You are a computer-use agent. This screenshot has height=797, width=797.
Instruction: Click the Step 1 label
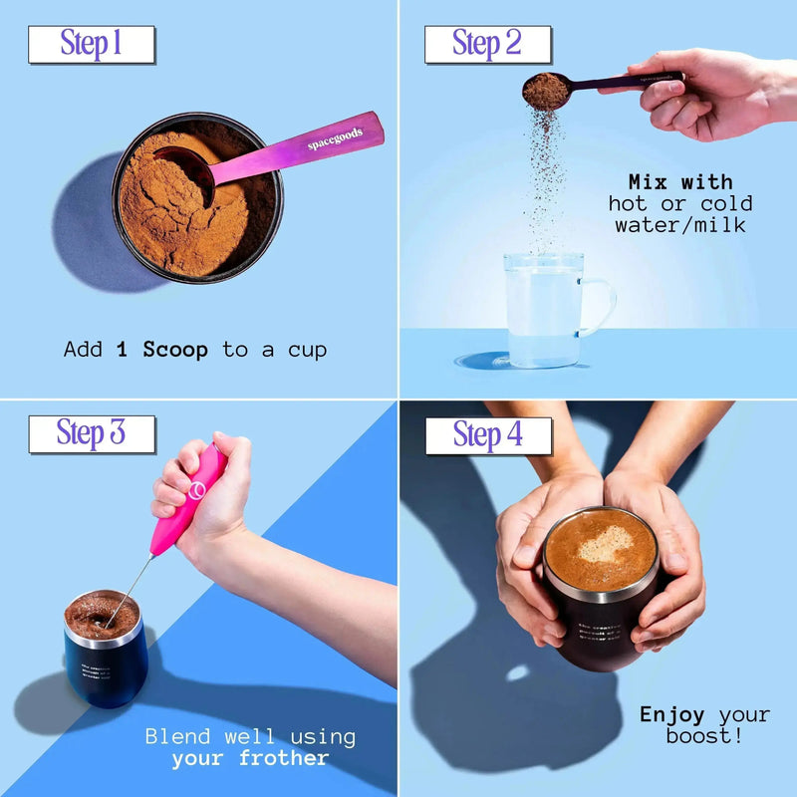[x=92, y=44]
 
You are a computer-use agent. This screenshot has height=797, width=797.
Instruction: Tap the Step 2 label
[x=487, y=44]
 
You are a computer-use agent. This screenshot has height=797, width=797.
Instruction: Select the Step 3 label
[x=92, y=433]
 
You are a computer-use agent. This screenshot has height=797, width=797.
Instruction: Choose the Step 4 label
[x=488, y=435]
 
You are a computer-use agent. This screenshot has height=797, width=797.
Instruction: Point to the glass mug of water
[x=543, y=309]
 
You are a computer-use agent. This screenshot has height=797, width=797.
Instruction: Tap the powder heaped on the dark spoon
[x=545, y=90]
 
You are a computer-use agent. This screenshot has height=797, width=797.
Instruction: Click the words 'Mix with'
[x=680, y=182]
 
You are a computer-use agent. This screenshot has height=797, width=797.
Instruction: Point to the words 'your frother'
[x=250, y=758]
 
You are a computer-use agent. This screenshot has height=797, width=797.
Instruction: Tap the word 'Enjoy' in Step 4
[x=672, y=715]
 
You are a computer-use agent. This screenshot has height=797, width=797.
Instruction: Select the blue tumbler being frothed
[x=106, y=653]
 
